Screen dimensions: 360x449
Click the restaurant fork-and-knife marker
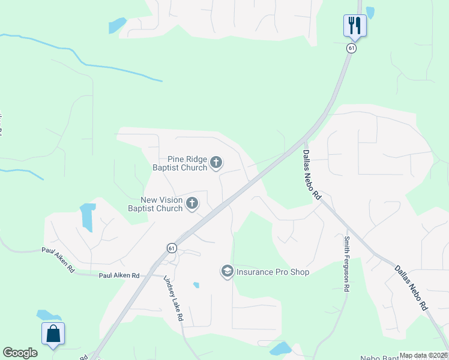pos(355,25)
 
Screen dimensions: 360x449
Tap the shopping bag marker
pos(53,334)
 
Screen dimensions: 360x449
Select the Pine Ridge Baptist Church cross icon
pos(216,162)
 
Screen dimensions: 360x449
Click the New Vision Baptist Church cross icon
pos(192,204)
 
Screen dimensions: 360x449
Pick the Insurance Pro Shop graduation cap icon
pos(228,272)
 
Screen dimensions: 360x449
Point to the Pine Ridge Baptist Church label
pos(179,163)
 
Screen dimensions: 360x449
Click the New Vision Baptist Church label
pos(155,204)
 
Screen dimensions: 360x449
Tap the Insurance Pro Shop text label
pos(273,272)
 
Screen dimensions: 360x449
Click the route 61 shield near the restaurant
pos(351,48)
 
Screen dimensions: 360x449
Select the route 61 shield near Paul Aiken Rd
pos(172,248)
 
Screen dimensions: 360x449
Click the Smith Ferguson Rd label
pos(346,263)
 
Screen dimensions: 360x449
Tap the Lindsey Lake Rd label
pos(173,298)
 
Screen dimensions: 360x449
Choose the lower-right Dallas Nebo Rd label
pos(411,287)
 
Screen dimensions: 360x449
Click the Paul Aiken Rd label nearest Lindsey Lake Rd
pos(119,275)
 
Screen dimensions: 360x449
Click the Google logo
pos(20,353)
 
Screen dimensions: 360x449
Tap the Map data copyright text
pos(423,355)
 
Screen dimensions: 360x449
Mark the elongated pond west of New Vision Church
pos(88,217)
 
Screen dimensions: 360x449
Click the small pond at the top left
pos(116,25)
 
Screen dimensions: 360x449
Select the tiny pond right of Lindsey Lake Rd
pos(196,285)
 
